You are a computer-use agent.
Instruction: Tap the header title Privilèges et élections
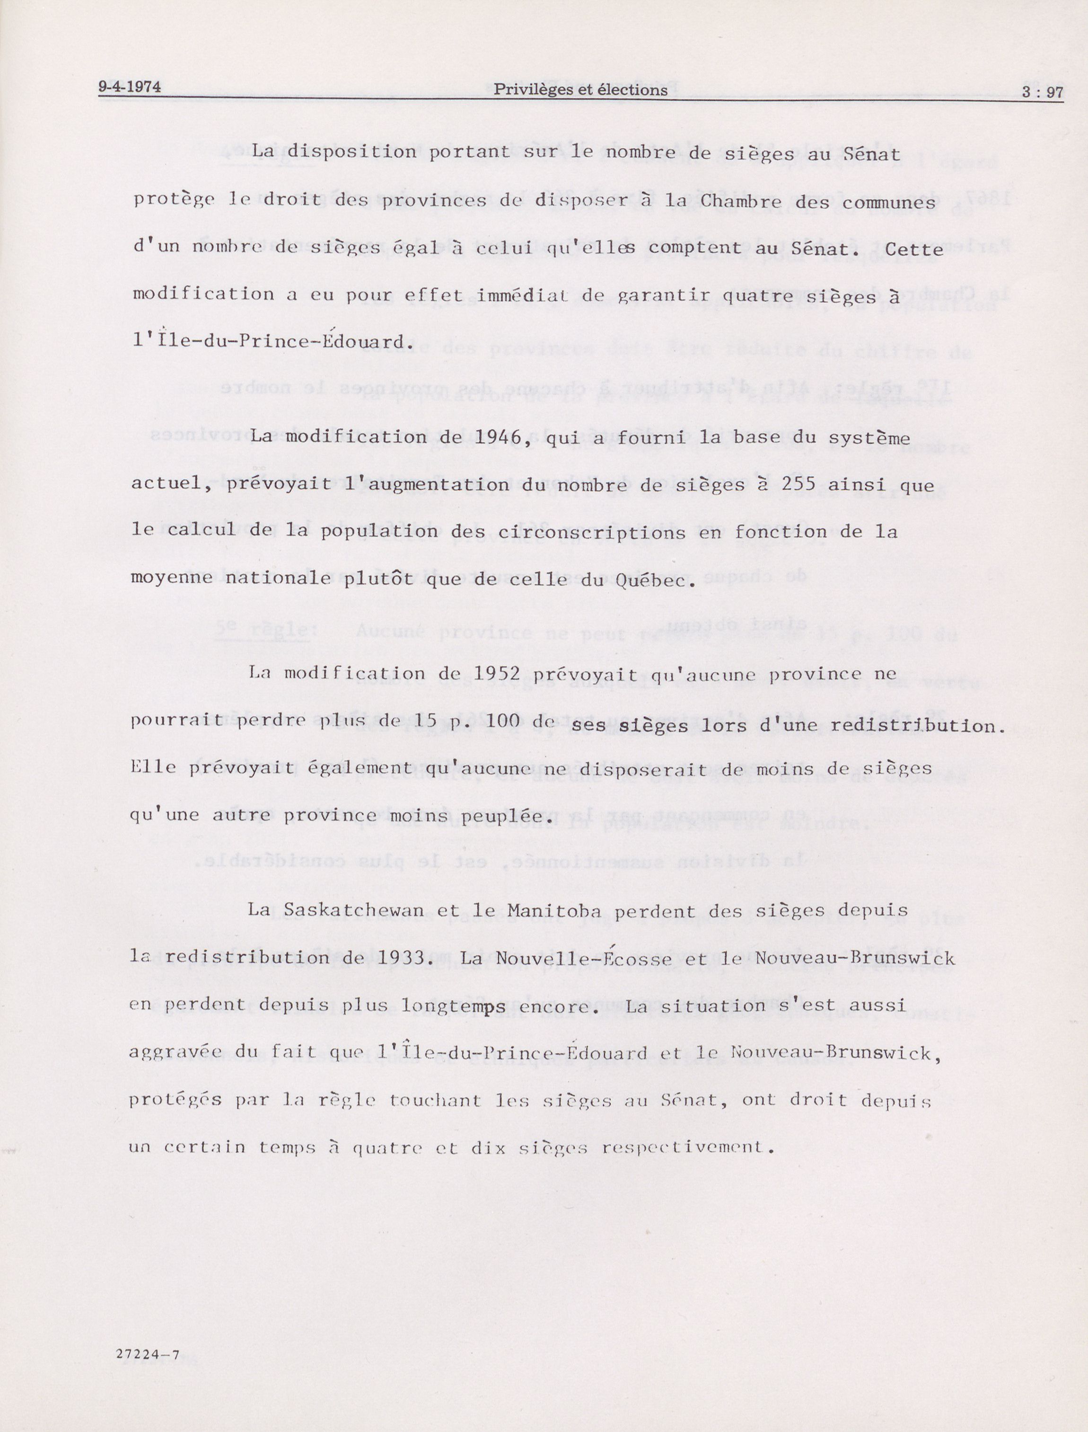(x=580, y=90)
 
